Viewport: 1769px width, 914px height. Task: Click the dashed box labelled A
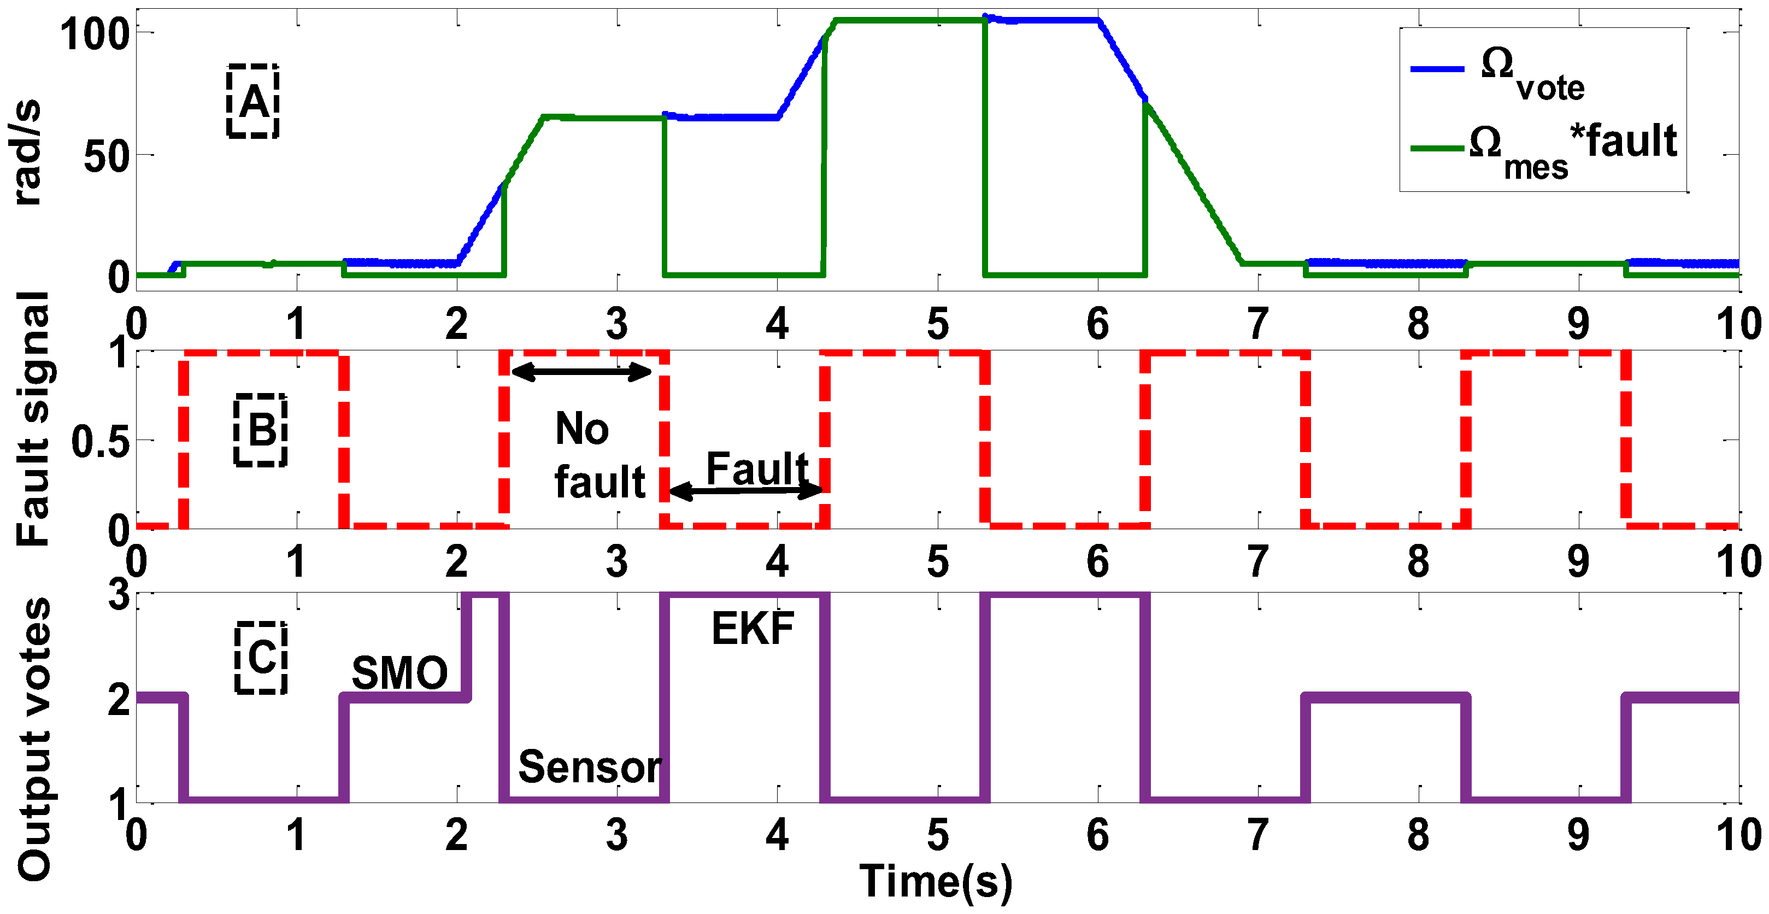252,102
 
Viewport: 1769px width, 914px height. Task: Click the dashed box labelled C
261,657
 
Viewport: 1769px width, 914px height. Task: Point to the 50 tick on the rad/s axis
107,156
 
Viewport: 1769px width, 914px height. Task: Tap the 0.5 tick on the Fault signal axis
100,442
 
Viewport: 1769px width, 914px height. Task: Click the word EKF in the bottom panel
753,628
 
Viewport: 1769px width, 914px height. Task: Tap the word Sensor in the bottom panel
589,766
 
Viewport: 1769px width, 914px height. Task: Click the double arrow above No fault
581,372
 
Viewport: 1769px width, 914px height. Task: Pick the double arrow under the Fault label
745,490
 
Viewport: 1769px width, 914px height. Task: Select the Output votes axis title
34,738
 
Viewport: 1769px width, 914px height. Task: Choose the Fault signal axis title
33,419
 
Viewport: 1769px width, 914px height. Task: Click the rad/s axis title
26,153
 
